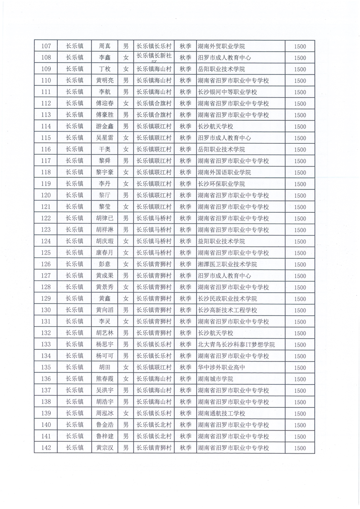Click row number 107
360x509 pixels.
point(46,46)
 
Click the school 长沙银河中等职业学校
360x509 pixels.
point(227,92)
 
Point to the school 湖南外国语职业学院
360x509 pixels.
point(224,172)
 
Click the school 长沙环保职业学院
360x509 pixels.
point(222,184)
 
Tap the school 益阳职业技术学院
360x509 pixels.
point(222,241)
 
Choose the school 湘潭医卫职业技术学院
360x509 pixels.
point(227,264)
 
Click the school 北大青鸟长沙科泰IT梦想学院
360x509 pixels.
point(236,345)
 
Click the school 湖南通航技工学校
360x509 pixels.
point(222,413)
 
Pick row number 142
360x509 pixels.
point(46,448)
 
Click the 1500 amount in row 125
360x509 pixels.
point(300,253)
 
